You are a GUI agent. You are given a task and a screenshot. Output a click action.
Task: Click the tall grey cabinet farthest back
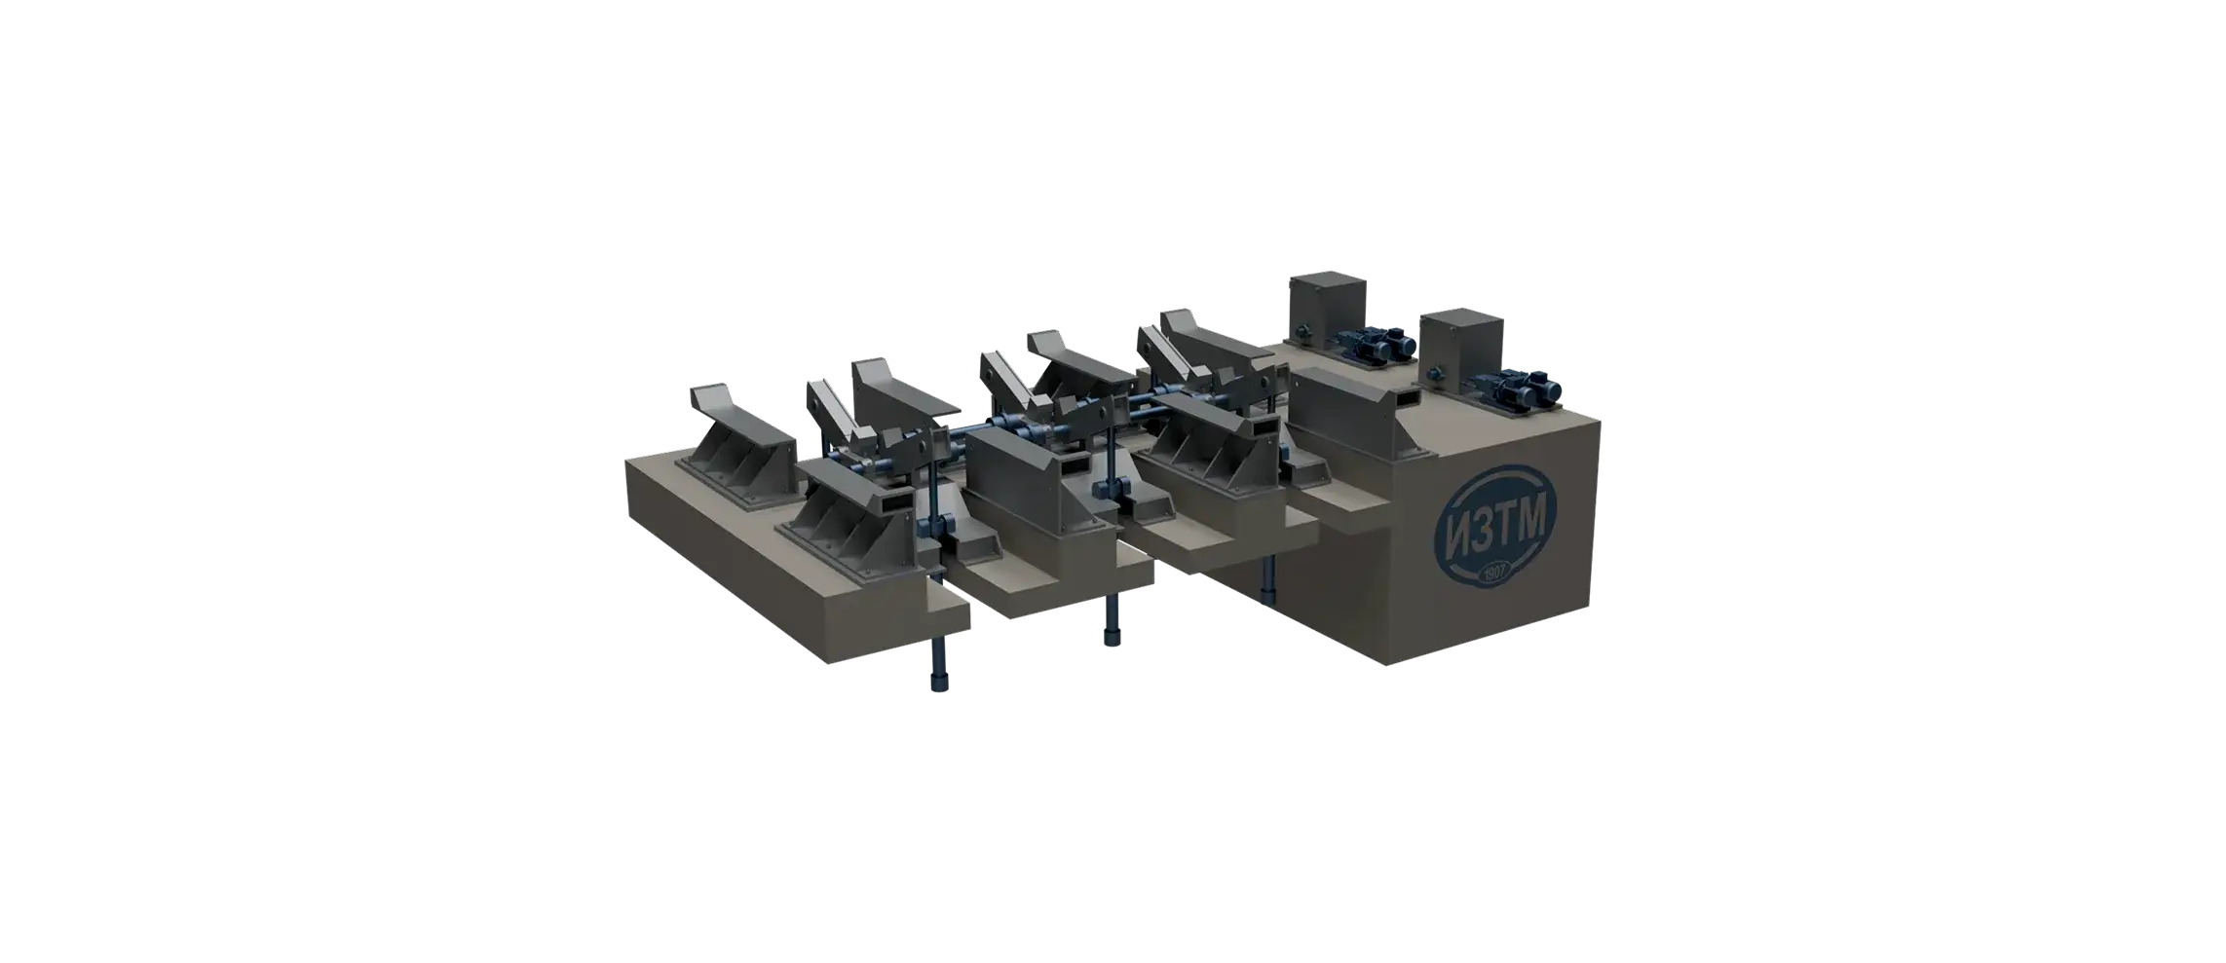1328,307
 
